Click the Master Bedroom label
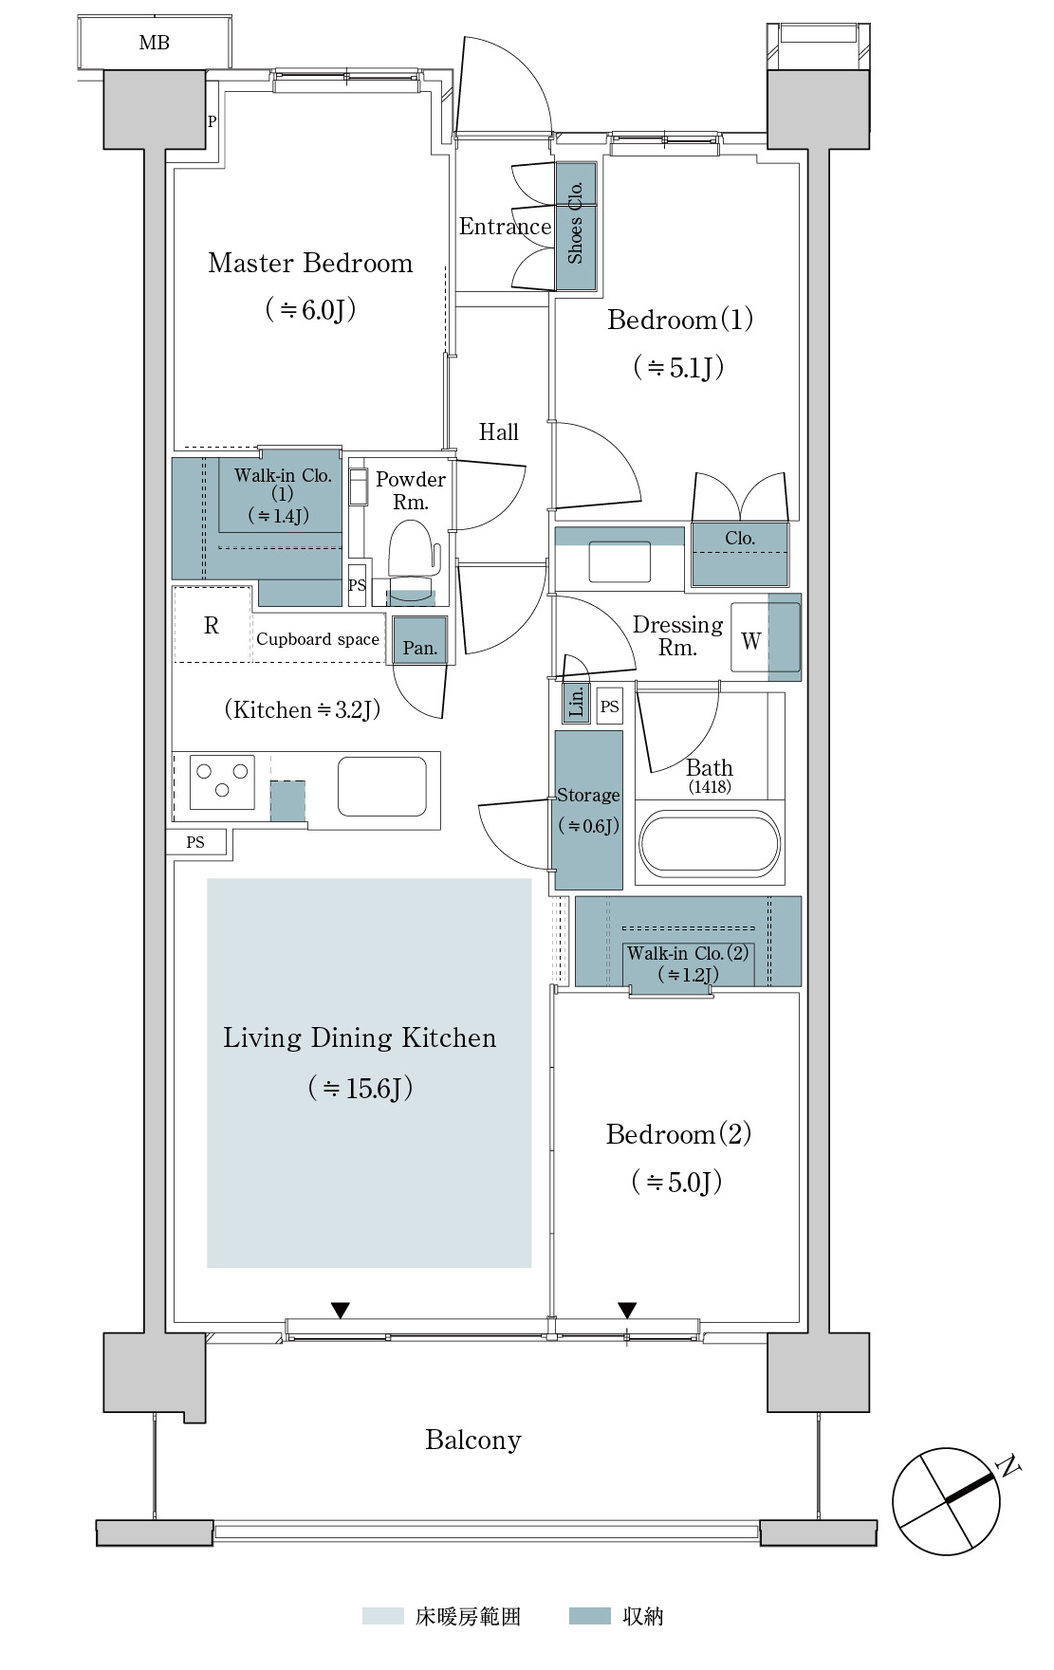point(310,263)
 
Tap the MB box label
point(154,43)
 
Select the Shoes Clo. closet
point(576,226)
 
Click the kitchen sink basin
point(381,786)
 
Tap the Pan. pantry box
point(419,641)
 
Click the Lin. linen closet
point(576,703)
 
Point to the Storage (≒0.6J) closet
point(588,810)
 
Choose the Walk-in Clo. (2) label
point(688,963)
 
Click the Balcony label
point(473,1440)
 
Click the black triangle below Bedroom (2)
point(627,1311)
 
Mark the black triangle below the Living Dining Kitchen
point(341,1311)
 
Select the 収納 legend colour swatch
point(589,1616)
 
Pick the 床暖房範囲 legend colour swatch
point(382,1616)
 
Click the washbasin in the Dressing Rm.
point(619,561)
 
